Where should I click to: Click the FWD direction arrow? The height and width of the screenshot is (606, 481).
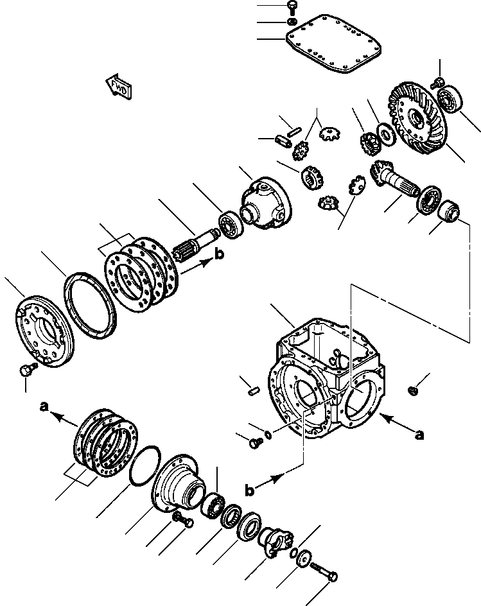point(119,87)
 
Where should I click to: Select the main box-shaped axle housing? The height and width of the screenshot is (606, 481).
point(324,379)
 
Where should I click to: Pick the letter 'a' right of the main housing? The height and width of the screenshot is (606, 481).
point(420,435)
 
